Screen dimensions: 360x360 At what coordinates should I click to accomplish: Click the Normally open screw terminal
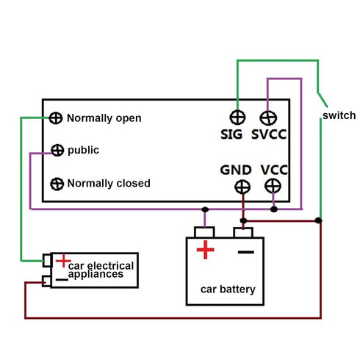click(57, 118)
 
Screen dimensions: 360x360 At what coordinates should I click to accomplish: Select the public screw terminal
click(57, 151)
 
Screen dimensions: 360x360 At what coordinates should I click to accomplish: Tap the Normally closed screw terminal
click(57, 183)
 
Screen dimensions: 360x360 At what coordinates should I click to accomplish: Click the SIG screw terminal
click(237, 118)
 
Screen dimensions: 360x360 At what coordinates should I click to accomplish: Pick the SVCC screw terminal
click(268, 118)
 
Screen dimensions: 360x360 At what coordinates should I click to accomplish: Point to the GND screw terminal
click(242, 187)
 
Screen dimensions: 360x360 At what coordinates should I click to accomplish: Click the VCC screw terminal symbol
click(273, 187)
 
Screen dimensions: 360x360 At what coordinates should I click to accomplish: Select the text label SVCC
click(269, 135)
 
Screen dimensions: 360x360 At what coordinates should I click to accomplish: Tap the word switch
click(339, 115)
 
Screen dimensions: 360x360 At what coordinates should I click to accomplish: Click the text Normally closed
click(109, 183)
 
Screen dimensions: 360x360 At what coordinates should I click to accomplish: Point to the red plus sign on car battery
click(206, 251)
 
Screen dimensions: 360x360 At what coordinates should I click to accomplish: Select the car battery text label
click(228, 289)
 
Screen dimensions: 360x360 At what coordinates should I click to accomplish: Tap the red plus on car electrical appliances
click(63, 260)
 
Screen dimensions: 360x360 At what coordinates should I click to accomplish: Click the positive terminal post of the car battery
click(205, 232)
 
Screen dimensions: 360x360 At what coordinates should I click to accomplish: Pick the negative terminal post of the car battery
click(243, 232)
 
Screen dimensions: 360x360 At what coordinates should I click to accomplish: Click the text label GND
click(236, 170)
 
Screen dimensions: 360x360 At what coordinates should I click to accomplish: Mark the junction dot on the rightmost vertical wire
click(320, 220)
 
